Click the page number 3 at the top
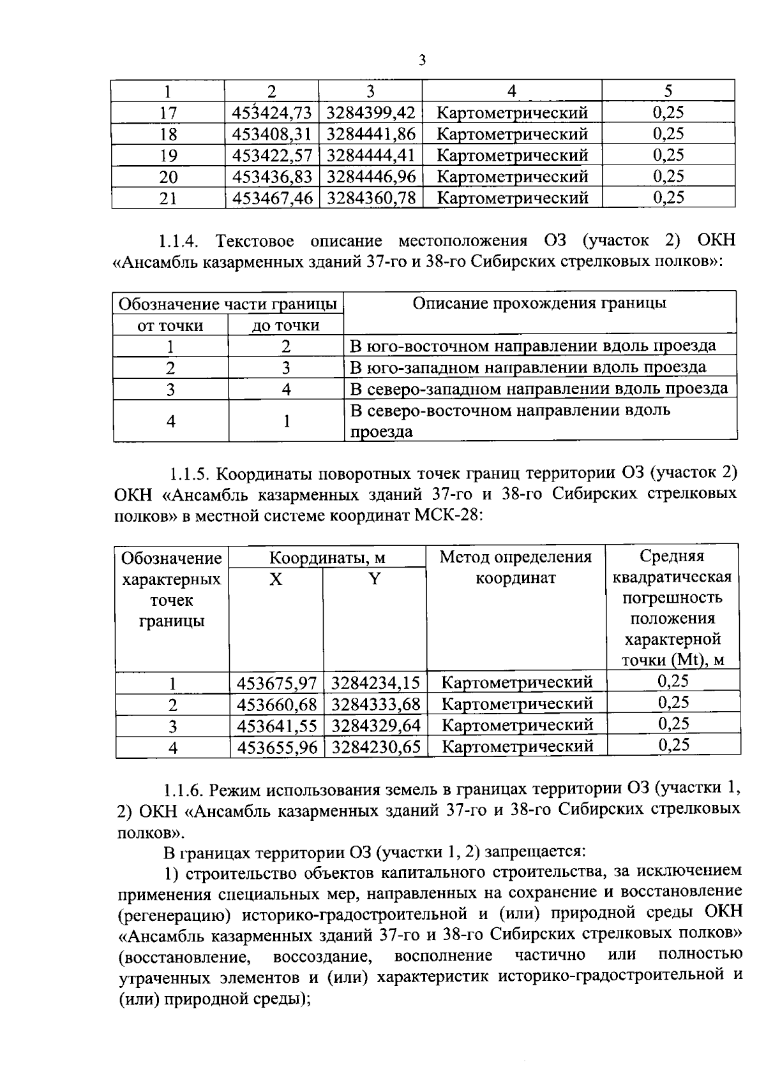(421, 61)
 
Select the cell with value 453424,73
(272, 113)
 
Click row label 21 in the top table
(168, 198)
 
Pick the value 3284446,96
(371, 176)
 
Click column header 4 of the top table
(511, 91)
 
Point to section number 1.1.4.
(179, 241)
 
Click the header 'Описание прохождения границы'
(539, 303)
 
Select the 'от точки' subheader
(170, 325)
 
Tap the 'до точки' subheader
(285, 325)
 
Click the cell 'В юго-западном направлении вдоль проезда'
(529, 367)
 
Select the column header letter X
(276, 579)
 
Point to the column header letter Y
(375, 579)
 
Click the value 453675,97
(277, 683)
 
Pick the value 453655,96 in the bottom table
(277, 747)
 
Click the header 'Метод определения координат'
(516, 568)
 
